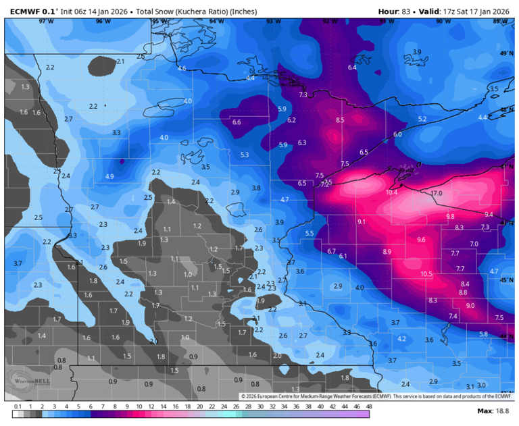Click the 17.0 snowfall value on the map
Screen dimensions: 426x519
436,194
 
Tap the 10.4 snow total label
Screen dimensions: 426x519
392,193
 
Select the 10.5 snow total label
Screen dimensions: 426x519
426,274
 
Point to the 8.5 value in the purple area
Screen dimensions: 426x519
340,120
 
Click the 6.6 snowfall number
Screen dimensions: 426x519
237,122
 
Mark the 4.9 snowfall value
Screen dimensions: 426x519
109,177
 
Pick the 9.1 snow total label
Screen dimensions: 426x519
362,222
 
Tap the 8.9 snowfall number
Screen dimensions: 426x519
387,252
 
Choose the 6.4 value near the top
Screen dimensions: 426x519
352,68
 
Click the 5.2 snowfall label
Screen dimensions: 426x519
423,119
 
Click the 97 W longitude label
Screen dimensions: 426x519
46,22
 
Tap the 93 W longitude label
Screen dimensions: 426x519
273,22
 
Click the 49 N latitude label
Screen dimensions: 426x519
505,53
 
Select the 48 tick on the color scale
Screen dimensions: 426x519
369,407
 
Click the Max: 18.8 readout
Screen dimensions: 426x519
493,410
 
